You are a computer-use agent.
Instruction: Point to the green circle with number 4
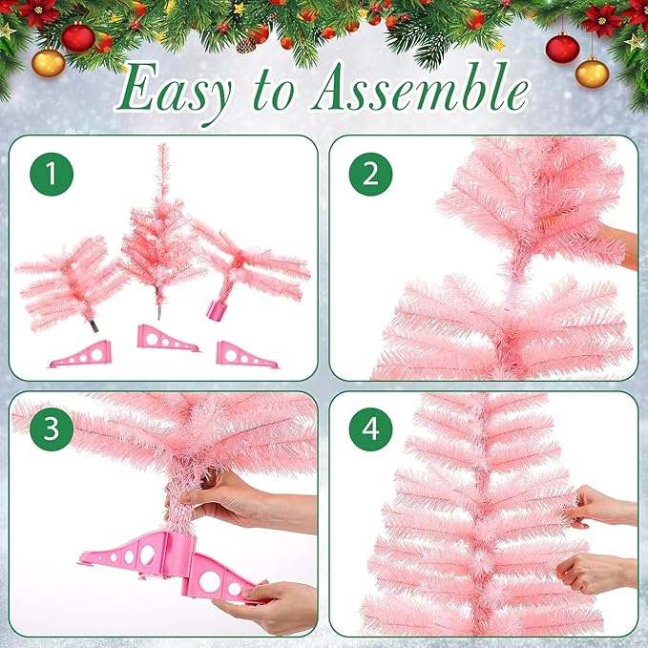(369, 429)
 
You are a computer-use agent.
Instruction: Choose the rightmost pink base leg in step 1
(242, 354)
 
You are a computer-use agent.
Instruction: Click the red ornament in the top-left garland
(78, 37)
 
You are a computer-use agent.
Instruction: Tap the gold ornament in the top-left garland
(48, 62)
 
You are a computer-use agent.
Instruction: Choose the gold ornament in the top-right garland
(592, 72)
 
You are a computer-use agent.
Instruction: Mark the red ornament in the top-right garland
(562, 48)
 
